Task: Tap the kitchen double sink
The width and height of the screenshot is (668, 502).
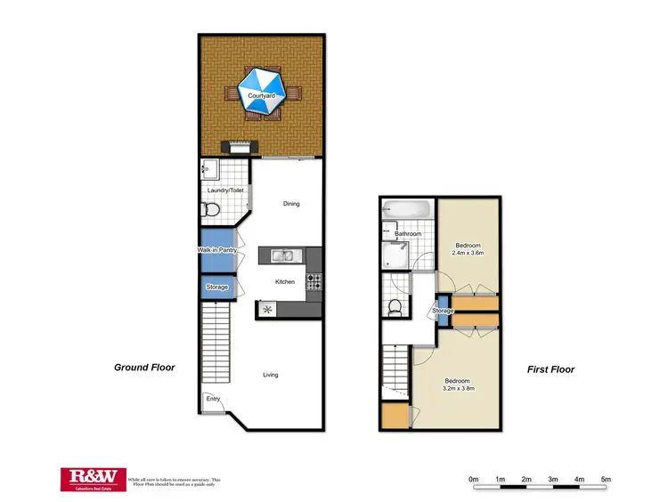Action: pos(284,256)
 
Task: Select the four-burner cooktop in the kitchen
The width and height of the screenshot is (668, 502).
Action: pos(314,281)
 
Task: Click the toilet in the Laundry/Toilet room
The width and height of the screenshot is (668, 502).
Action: pos(210,209)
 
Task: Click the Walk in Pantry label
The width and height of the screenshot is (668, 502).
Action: pos(217,251)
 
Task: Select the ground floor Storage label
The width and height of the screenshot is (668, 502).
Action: pos(216,287)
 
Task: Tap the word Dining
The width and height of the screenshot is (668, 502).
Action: pos(291,204)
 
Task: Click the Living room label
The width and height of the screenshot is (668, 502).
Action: pos(270,375)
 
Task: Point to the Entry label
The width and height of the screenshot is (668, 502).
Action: pos(213,399)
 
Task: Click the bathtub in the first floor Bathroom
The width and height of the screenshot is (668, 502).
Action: pos(405,211)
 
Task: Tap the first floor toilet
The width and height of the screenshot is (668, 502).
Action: pos(395,307)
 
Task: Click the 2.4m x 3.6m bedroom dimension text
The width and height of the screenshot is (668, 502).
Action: pos(469,252)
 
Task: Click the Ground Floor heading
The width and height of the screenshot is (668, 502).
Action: pos(144,367)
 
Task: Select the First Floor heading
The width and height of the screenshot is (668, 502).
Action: pos(550,369)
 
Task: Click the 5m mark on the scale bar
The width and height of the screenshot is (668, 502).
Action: pos(606,481)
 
